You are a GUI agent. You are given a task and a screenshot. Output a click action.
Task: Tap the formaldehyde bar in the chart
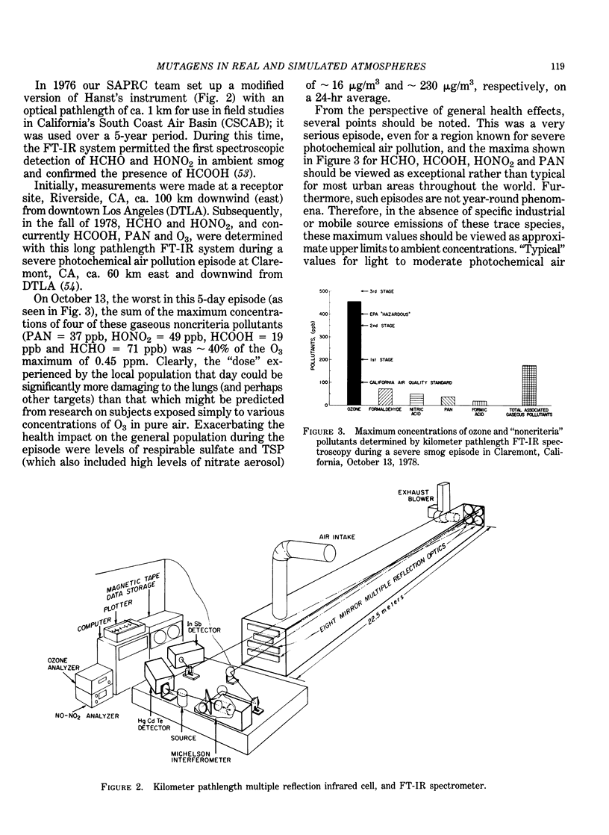(x=386, y=397)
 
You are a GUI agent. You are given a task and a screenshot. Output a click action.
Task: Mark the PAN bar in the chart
(x=448, y=400)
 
